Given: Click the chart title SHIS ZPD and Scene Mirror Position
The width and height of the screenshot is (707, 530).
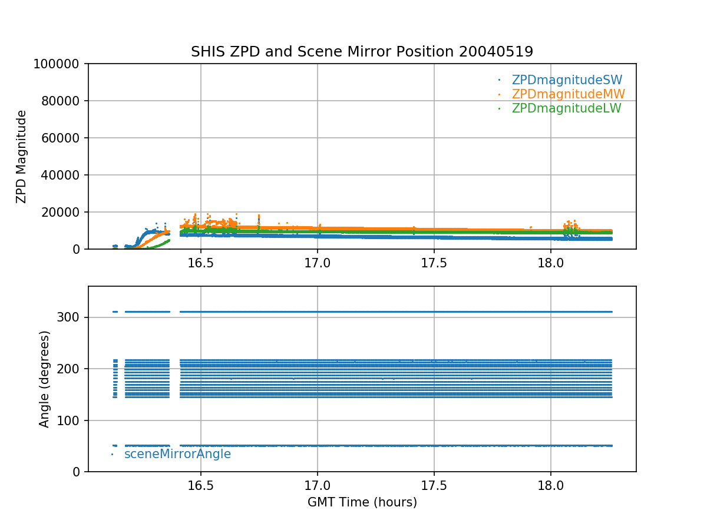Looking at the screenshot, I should point(362,52).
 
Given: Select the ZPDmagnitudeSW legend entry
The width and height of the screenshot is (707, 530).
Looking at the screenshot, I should point(567,80).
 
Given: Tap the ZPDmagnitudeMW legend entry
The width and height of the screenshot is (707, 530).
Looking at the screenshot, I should point(568,94).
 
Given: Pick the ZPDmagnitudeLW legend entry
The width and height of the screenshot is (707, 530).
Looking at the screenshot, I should point(566,108).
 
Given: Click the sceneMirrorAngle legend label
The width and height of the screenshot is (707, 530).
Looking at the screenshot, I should point(177,454).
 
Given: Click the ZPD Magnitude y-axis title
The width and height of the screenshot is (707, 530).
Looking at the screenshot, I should point(22,157).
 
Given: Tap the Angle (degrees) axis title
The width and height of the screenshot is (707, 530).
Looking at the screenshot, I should point(45,379).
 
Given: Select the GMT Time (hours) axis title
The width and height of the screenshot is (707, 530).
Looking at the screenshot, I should point(362,502).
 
